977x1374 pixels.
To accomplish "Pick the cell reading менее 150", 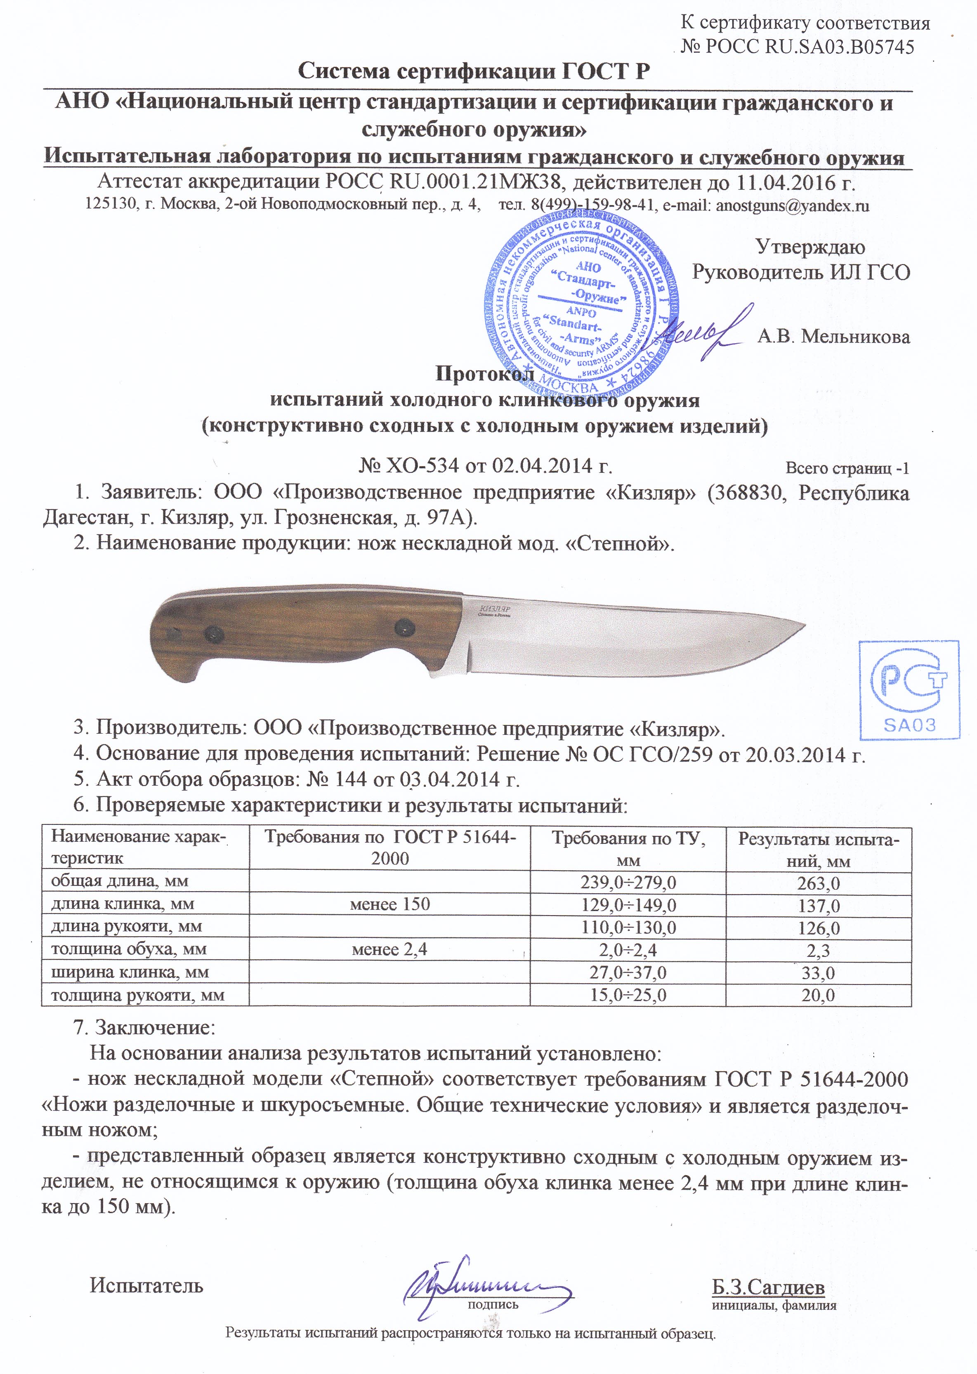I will (x=390, y=904).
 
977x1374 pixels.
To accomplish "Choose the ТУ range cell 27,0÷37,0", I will (x=628, y=972).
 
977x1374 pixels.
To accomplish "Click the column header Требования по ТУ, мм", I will (x=628, y=849).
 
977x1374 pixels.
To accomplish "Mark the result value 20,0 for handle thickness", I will (x=818, y=995).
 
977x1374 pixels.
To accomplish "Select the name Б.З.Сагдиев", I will (x=768, y=1287).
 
